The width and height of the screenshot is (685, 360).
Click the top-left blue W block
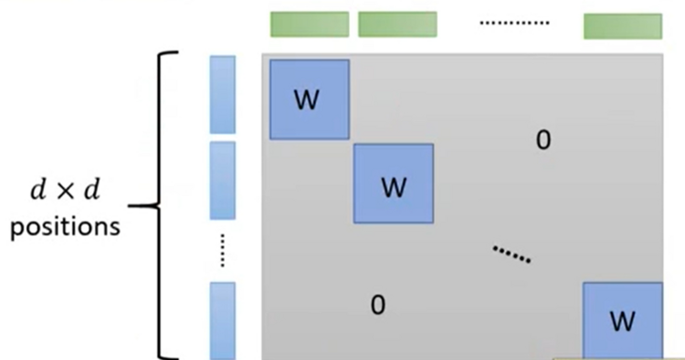[310, 100]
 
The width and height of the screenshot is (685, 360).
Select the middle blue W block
[394, 184]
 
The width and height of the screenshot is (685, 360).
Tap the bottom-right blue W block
[623, 321]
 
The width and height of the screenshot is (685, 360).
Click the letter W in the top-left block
[307, 100]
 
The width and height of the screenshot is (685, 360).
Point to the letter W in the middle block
[394, 187]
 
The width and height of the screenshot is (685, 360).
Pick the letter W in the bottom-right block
[622, 322]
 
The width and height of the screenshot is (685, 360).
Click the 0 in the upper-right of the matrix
[543, 141]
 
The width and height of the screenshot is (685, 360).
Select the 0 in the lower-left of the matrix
[378, 305]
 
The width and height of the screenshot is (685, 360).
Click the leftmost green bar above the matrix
[310, 25]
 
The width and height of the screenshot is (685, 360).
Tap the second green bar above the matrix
[397, 25]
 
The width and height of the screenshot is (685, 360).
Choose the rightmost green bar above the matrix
[623, 26]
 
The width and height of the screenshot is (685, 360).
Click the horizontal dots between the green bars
[514, 23]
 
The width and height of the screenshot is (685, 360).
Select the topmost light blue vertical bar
[222, 94]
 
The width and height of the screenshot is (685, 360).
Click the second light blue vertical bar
[222, 180]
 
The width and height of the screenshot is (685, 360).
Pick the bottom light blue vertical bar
[222, 321]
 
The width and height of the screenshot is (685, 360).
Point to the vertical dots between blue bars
[222, 250]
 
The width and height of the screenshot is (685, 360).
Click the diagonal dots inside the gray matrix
[511, 254]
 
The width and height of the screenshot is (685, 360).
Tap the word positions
[65, 228]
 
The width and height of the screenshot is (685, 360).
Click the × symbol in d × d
[66, 191]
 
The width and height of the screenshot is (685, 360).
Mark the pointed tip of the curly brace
[129, 205]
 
